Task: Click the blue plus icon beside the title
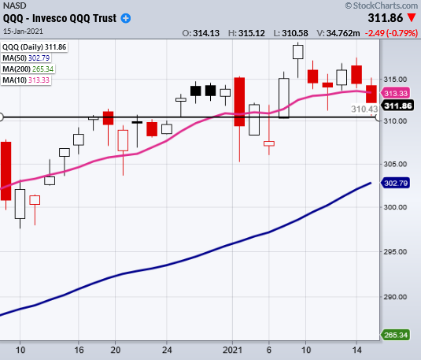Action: tap(126, 19)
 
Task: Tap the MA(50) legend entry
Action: tap(26, 58)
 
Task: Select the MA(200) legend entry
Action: tap(28, 69)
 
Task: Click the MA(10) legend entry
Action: tap(26, 80)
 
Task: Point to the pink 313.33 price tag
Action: tap(396, 93)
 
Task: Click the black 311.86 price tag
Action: tap(397, 106)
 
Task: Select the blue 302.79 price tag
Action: tap(396, 183)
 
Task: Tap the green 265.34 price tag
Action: tap(396, 335)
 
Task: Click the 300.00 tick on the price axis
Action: tap(395, 207)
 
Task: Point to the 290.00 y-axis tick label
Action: tap(395, 297)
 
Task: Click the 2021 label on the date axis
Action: tap(232, 350)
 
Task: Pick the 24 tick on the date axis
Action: tap(167, 350)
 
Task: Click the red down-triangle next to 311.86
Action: tap(412, 18)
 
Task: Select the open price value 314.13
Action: tap(206, 33)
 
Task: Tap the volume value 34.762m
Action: tap(343, 33)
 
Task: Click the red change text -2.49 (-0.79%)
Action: tap(391, 33)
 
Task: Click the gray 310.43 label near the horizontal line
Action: tap(364, 109)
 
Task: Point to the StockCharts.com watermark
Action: tap(382, 6)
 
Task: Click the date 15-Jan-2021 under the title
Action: tap(23, 32)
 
